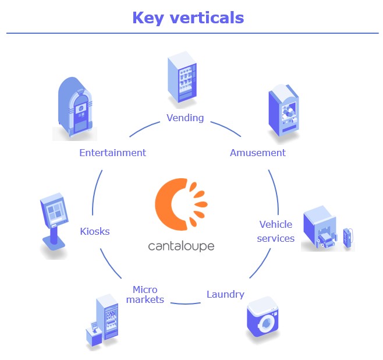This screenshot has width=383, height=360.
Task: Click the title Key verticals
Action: point(187,17)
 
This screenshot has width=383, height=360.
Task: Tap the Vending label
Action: point(185,118)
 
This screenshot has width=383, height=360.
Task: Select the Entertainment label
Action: point(112,153)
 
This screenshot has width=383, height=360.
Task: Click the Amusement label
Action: point(257,153)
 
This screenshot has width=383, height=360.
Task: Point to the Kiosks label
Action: point(95,231)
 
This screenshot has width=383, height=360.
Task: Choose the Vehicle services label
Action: point(276,231)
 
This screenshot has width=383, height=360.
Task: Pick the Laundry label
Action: point(225,294)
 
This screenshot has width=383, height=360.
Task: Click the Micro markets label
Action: point(145,295)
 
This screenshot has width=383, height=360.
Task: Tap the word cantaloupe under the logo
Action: point(181,246)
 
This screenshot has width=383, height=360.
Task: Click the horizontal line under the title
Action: point(192,33)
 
